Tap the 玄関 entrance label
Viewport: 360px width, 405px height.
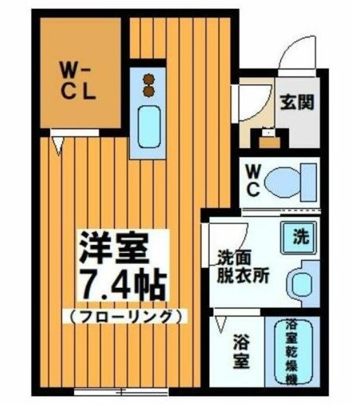point(295,101)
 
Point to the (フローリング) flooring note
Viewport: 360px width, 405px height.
point(125,315)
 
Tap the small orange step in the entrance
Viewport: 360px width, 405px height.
point(268,138)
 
